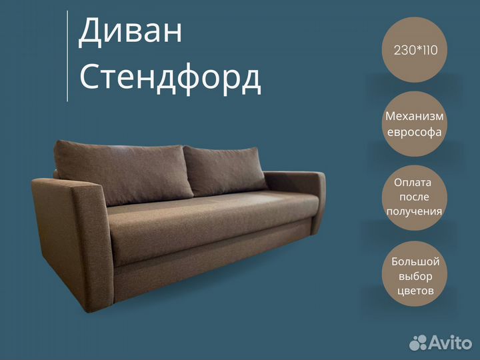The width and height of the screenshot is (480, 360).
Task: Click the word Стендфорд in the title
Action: pyautogui.click(x=170, y=79)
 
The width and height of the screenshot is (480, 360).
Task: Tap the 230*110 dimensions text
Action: pyautogui.click(x=415, y=50)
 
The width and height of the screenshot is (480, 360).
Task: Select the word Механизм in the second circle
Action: pyautogui.click(x=414, y=116)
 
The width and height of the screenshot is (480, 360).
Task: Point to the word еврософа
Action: pyautogui.click(x=414, y=132)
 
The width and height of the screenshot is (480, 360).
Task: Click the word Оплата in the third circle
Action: pyautogui.click(x=413, y=183)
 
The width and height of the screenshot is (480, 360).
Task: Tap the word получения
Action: pyautogui.click(x=414, y=211)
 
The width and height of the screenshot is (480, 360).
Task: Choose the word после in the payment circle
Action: pyautogui.click(x=414, y=197)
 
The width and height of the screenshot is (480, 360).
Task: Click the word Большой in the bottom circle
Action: pyautogui.click(x=415, y=261)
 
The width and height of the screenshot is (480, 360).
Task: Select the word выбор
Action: pyautogui.click(x=415, y=276)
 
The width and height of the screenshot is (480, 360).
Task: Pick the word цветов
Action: pyautogui.click(x=415, y=291)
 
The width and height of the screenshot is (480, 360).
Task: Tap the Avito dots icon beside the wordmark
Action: pyautogui.click(x=418, y=343)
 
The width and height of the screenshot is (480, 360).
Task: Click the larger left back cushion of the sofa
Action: pyautogui.click(x=124, y=172)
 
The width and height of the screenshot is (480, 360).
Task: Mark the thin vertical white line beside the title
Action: pyautogui.click(x=67, y=56)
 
